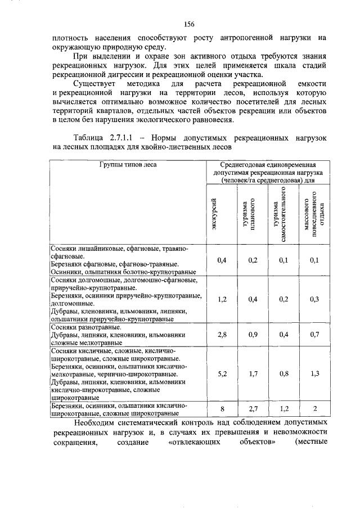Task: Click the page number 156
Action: [x=188, y=24]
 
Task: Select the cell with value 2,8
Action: [x=222, y=335]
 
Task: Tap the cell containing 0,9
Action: [x=252, y=335]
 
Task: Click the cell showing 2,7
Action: [x=252, y=408]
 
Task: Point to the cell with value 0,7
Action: [x=314, y=335]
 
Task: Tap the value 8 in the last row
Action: [x=222, y=408]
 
